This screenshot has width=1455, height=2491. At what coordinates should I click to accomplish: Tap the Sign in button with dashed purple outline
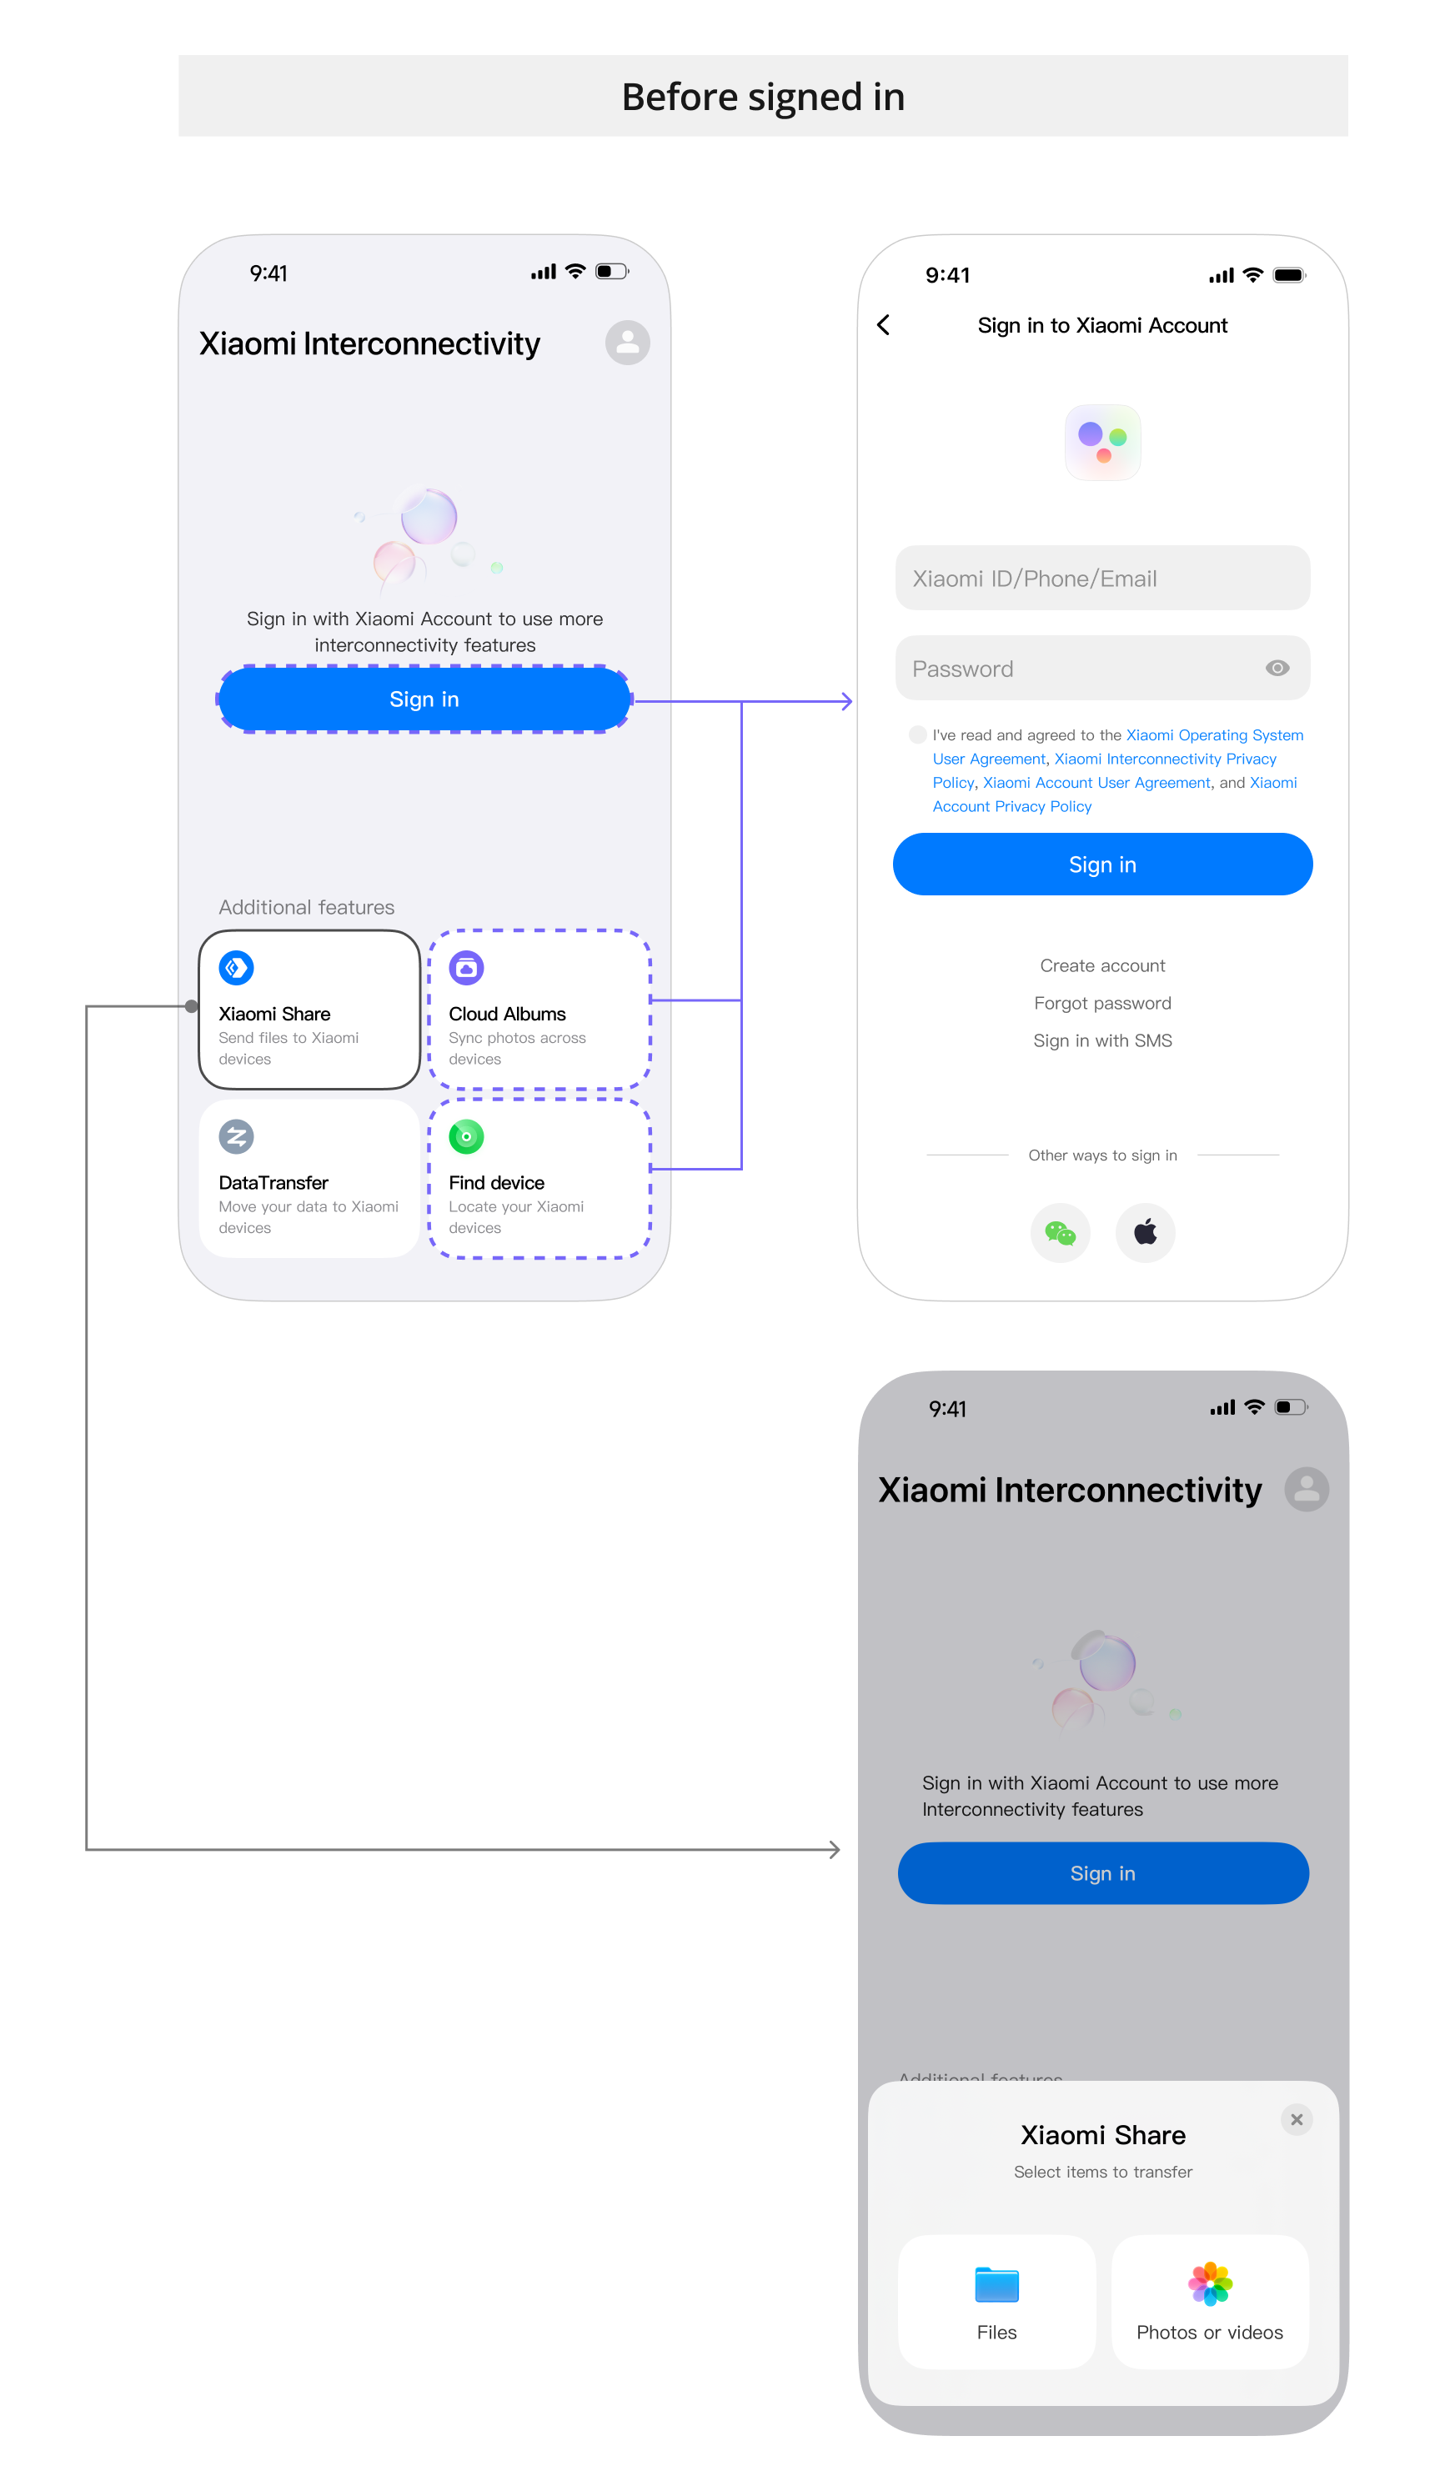424,699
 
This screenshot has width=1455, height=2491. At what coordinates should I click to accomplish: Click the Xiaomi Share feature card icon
236,967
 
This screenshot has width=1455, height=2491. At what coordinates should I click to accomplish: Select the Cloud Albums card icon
467,967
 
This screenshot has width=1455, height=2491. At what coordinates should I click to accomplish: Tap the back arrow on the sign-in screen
884,325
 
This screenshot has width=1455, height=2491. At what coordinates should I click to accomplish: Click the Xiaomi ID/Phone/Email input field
1102,579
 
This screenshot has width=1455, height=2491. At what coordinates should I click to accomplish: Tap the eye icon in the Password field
1277,669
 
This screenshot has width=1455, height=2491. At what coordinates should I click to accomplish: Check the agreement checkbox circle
917,734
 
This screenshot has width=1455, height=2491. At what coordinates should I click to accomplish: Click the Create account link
1102,965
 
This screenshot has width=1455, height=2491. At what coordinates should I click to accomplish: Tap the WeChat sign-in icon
1060,1233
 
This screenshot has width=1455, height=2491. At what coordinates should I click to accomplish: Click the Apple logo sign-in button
1145,1233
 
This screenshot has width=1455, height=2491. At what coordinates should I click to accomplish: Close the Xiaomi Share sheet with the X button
1296,2119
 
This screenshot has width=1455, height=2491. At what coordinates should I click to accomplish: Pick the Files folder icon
996,2284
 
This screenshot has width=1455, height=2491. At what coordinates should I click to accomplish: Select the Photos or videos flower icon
1210,2284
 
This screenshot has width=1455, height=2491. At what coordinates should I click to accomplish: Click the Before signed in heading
763,98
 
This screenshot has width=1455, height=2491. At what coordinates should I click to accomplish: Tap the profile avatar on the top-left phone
628,343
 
